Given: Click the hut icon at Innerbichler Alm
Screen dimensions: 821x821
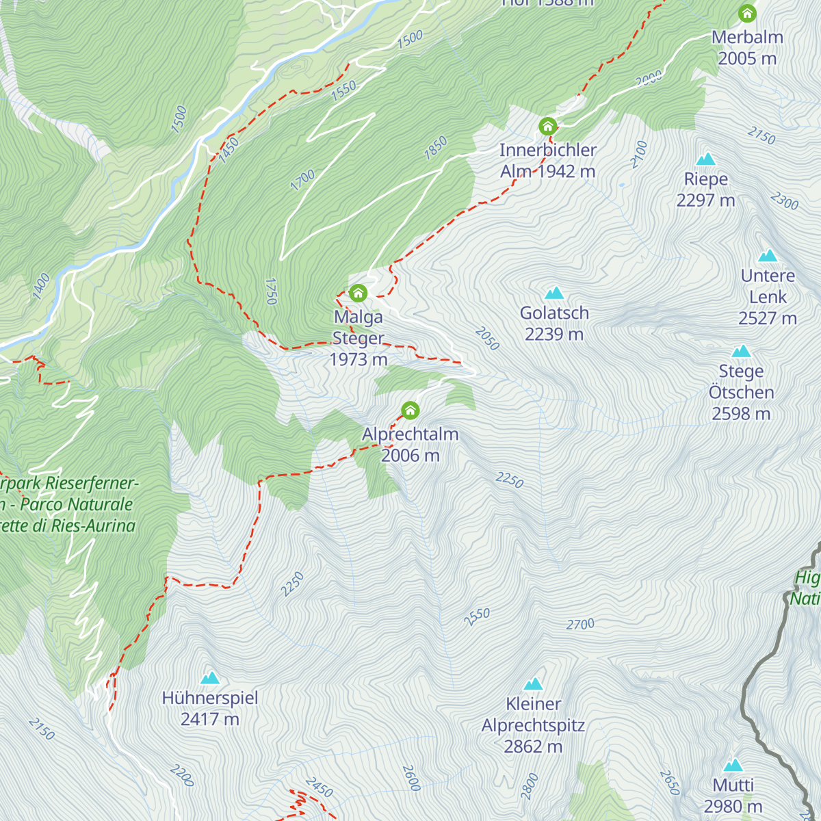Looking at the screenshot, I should [x=547, y=126].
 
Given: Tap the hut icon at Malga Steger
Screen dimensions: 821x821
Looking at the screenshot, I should [x=358, y=294].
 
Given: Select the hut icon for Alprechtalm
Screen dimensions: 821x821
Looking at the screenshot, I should [x=410, y=410].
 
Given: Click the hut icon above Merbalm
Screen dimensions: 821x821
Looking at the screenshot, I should [x=747, y=13].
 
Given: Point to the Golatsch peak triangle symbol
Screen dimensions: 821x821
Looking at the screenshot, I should [x=553, y=294].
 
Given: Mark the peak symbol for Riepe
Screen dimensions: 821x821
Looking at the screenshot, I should [x=705, y=159].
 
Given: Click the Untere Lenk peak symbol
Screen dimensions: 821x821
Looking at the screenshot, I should [x=768, y=256].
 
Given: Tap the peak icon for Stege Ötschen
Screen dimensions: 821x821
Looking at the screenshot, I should [x=741, y=352].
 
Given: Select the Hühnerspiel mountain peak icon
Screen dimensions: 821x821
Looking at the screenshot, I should [x=210, y=678].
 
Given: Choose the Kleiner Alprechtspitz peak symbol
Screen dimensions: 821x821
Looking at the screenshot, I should [x=533, y=684].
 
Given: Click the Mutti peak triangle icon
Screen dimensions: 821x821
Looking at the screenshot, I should [x=733, y=765].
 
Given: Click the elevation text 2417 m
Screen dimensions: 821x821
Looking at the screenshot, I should [x=210, y=719].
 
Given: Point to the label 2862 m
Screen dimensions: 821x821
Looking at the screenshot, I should [x=533, y=746].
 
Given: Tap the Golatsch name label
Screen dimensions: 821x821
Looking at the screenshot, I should [x=554, y=313].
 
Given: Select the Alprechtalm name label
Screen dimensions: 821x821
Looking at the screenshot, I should [x=410, y=434].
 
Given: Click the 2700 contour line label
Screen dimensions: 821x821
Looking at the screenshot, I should [x=580, y=624].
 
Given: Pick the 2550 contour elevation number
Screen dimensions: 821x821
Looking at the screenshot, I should [x=477, y=616].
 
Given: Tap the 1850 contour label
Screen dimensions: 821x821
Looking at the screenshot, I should [x=435, y=148].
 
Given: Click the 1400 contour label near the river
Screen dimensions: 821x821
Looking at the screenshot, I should [x=41, y=286].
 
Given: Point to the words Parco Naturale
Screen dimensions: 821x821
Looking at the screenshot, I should [x=77, y=504].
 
